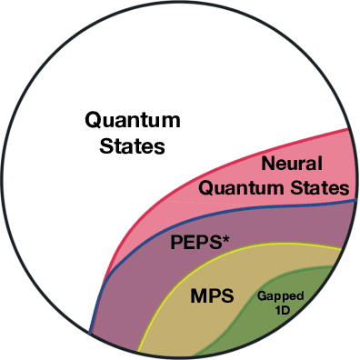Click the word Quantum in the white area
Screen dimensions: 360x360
pyautogui.click(x=132, y=120)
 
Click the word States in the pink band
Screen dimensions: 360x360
pyautogui.click(x=321, y=188)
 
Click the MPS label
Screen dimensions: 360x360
pyautogui.click(x=213, y=296)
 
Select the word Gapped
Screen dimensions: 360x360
pyautogui.click(x=281, y=296)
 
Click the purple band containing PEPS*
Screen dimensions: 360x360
pyautogui.click(x=136, y=291)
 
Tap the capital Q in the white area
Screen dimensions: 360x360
pyautogui.click(x=94, y=120)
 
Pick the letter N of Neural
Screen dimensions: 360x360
pyautogui.click(x=267, y=165)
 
